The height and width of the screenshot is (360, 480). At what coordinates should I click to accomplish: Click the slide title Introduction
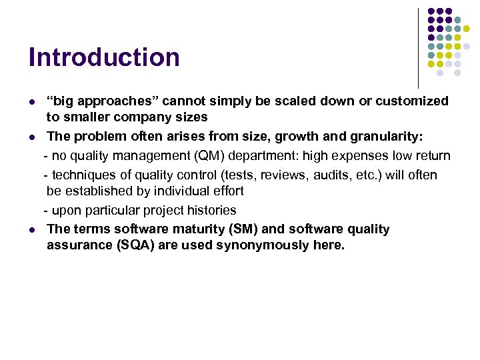pyautogui.click(x=104, y=57)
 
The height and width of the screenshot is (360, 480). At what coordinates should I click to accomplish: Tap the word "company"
pyautogui.click(x=143, y=117)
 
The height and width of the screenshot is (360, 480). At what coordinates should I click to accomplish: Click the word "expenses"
pyautogui.click(x=356, y=156)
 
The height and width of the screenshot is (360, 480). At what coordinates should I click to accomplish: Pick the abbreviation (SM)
pyautogui.click(x=245, y=229)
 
